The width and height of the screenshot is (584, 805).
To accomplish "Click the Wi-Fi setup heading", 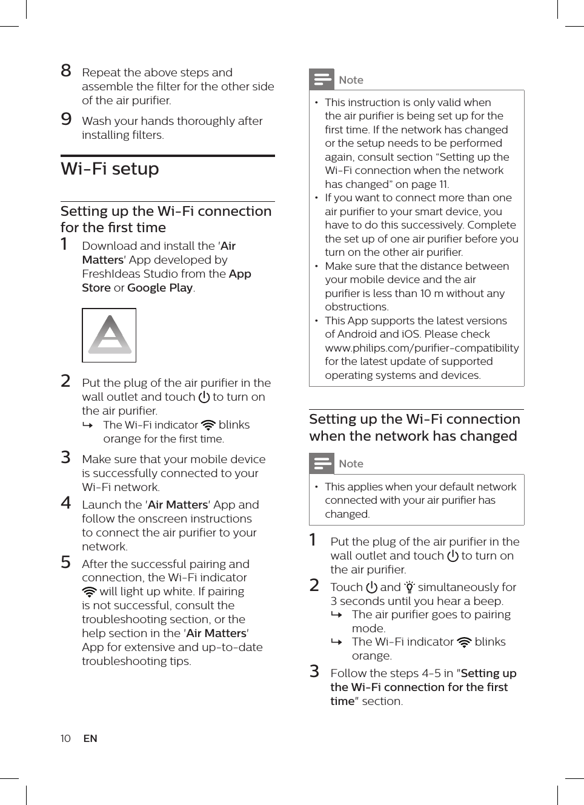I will point(110,169).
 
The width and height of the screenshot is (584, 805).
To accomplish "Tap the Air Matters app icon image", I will point(109,335).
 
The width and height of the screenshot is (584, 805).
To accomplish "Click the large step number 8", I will point(66,71).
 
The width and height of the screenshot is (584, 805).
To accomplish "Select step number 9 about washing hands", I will point(66,119).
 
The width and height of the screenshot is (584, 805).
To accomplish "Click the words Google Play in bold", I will point(160,288).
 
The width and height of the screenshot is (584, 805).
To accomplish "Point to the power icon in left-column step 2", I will point(204,397).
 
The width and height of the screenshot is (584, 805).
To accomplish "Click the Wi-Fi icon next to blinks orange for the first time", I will point(208,425).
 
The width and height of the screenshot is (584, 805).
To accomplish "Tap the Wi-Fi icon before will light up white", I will point(89,592).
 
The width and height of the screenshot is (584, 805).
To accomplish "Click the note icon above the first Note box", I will point(322,79).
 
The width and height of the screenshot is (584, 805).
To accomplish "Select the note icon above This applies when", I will point(322,464).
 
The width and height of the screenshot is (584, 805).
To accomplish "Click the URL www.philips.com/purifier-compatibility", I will point(422,348).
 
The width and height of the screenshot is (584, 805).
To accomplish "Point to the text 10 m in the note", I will point(426,293).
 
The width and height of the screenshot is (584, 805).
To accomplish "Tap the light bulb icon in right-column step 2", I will point(410,587).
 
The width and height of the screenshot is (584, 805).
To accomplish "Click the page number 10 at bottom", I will point(65,738).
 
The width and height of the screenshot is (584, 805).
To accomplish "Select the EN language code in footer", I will point(90,738).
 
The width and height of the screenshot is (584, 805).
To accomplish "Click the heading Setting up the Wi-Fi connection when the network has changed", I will point(414,427).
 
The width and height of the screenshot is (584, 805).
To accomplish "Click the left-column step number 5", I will point(66,562).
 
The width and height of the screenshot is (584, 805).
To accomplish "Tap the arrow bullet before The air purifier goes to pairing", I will point(337,615).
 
